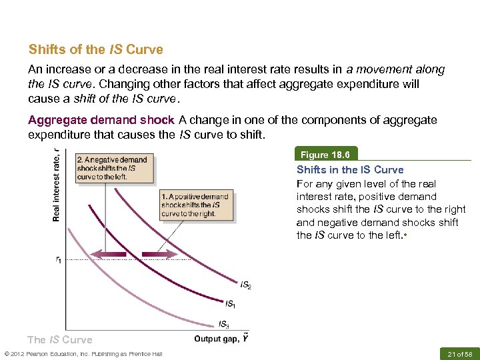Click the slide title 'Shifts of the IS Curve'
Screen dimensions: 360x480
tap(95, 50)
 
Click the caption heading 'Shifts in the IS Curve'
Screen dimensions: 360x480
tap(350, 169)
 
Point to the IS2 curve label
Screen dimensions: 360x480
tap(245, 286)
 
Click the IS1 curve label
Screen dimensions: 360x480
tap(230, 304)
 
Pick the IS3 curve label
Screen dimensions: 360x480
tap(225, 325)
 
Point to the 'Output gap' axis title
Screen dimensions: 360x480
tap(221, 339)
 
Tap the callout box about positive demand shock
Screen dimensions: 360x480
tap(195, 205)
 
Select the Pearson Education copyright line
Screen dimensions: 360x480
tap(83, 353)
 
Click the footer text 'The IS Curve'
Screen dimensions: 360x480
tap(60, 340)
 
